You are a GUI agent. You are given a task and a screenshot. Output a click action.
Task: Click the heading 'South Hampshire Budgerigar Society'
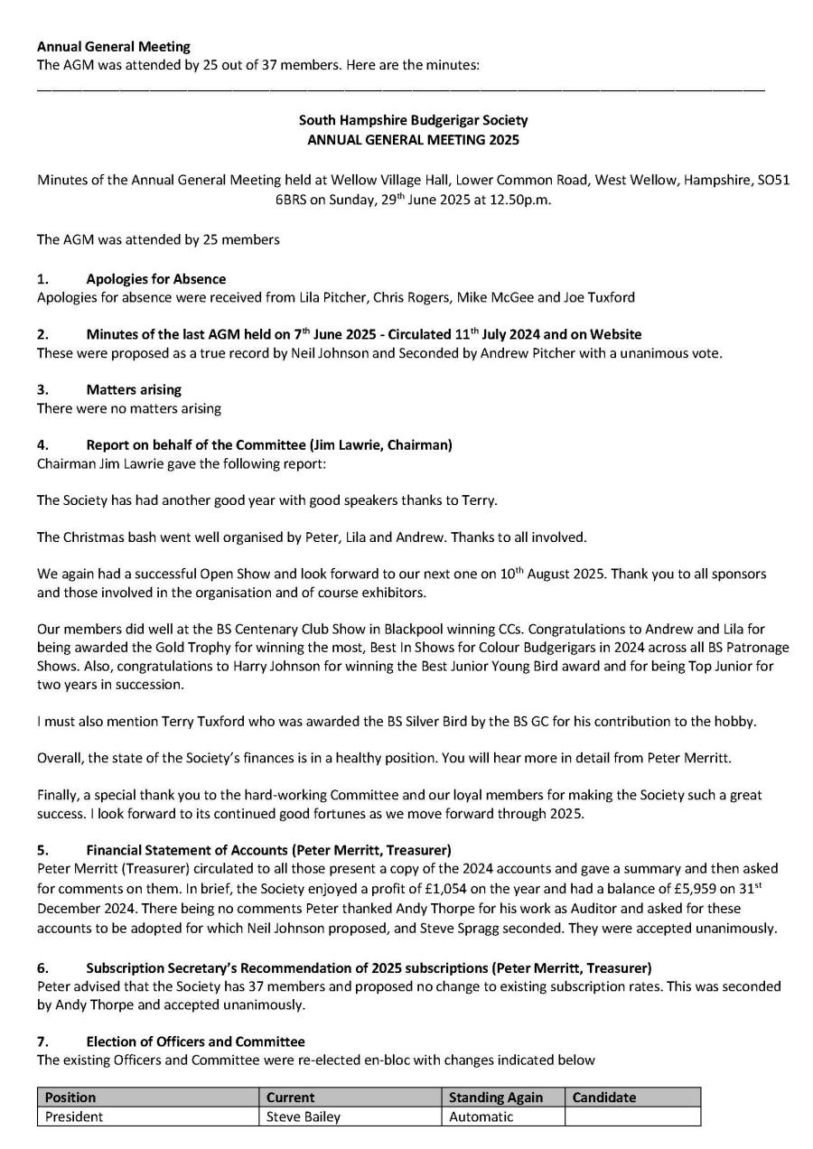coord(413,120)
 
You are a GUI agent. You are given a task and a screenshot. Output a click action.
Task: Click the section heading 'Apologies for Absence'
coord(156,279)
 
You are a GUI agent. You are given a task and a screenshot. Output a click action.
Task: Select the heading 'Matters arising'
coord(134,389)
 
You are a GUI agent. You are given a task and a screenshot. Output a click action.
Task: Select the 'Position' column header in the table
coord(70,1098)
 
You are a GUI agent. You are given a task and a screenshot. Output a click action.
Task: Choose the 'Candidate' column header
coord(604,1098)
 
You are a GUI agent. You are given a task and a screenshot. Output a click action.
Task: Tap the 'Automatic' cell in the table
coord(482,1116)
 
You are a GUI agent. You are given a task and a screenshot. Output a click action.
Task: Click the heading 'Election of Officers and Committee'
coord(195,1042)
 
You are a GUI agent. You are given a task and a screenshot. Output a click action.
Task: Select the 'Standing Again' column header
coord(496,1098)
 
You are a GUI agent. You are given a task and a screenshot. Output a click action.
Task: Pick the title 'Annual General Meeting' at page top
coord(114,46)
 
